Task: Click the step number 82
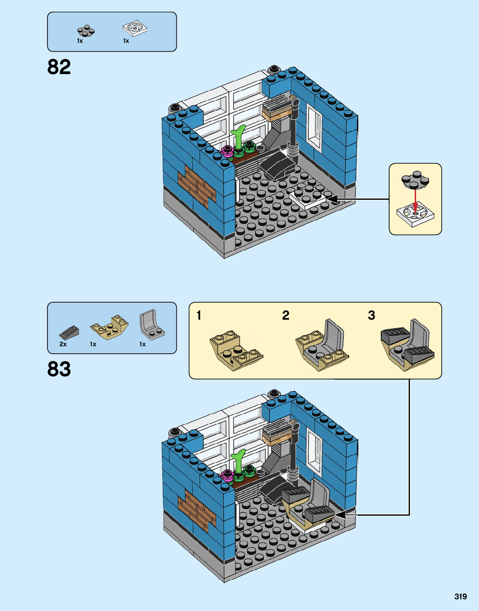coord(59,67)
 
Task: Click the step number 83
coord(59,369)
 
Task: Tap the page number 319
coord(460,596)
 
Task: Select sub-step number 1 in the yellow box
coord(199,315)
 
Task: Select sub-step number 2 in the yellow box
coord(285,315)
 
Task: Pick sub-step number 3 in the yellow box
coord(371,315)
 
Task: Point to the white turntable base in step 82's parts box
coord(135,28)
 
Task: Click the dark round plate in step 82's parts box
coord(86,31)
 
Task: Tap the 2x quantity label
coord(63,344)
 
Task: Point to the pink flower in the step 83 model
coord(227,475)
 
